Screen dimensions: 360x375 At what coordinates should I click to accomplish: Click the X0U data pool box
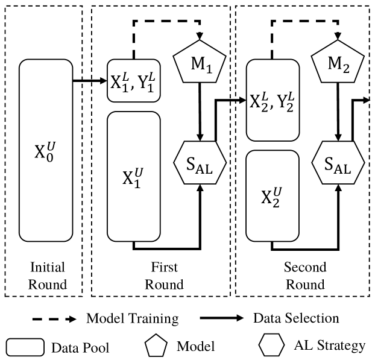click(46, 150)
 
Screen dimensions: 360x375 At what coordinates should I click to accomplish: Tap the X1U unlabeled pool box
click(133, 175)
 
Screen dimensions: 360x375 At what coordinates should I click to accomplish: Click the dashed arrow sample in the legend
click(51, 318)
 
